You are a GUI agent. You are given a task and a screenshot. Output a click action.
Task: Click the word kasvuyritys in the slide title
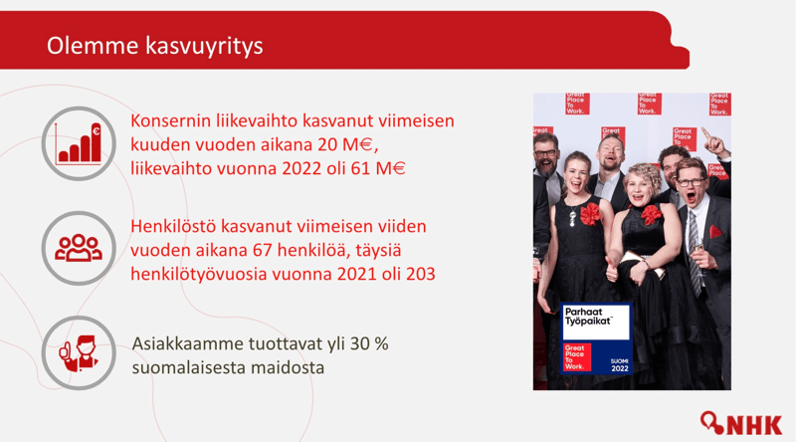tap(204, 46)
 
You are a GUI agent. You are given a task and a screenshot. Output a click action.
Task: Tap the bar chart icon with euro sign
tap(79, 143)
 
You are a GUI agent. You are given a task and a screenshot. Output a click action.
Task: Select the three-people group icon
tap(79, 248)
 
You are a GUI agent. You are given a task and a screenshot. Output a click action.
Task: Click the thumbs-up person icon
tap(79, 353)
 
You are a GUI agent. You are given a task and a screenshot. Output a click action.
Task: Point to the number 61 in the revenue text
tap(360, 168)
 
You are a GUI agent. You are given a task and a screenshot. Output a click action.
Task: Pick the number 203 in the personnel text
tap(420, 274)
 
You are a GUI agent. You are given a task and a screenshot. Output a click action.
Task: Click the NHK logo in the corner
tap(741, 423)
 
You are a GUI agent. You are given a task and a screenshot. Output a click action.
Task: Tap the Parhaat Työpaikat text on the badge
tap(589, 316)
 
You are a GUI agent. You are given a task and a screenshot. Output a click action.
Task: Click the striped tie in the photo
tap(696, 253)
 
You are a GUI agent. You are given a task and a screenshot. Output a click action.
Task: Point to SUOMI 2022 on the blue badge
tap(619, 364)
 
